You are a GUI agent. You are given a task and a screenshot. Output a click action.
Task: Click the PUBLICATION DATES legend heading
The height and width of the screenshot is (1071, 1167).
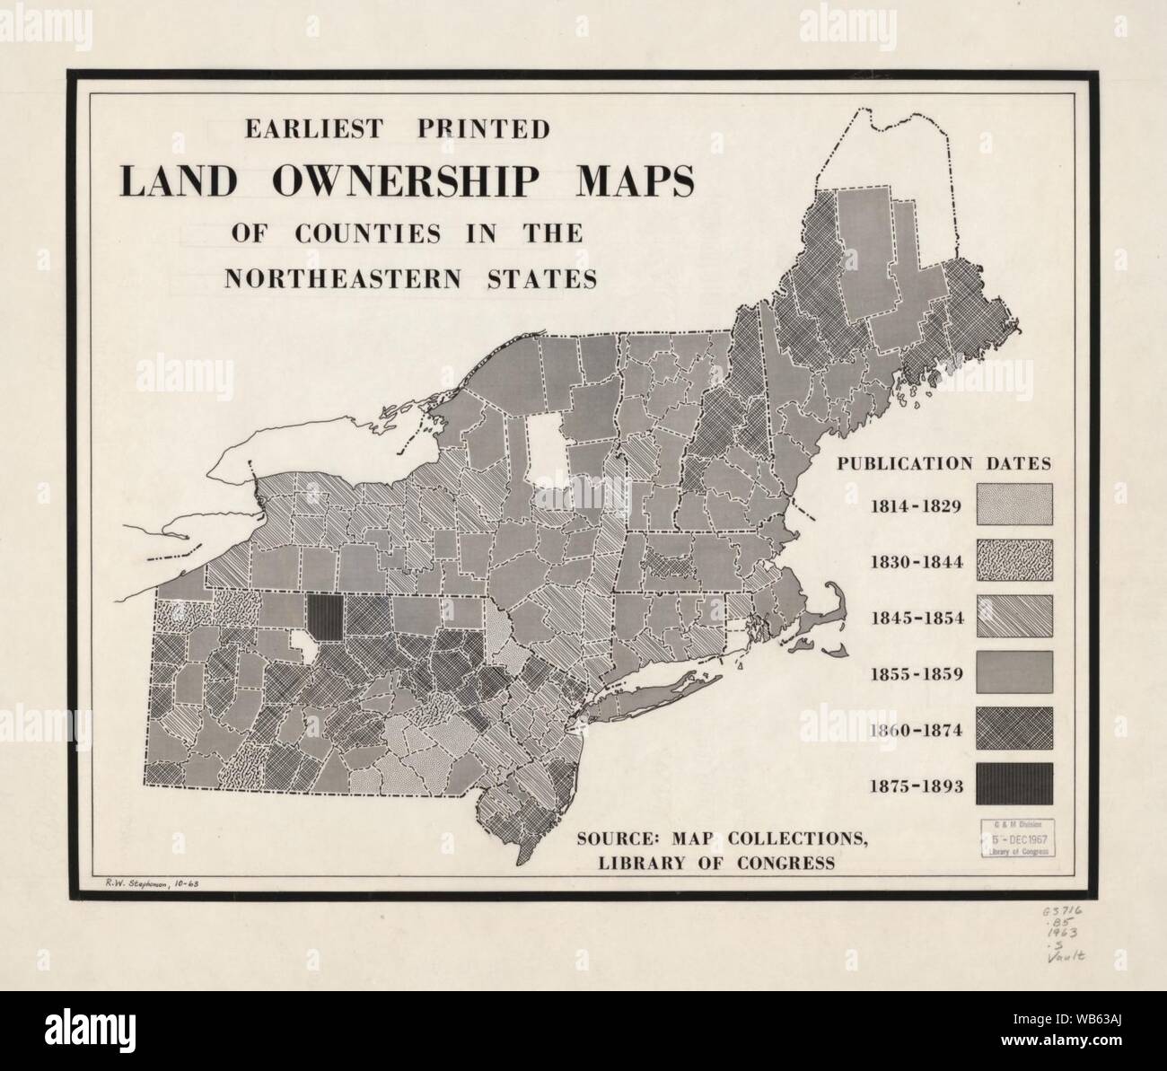pos(943,464)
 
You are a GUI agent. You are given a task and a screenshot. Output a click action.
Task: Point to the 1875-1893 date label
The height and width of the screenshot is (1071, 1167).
pos(916,787)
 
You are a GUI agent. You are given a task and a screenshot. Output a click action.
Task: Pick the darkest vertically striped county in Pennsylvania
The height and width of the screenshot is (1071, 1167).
pos(324,618)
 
